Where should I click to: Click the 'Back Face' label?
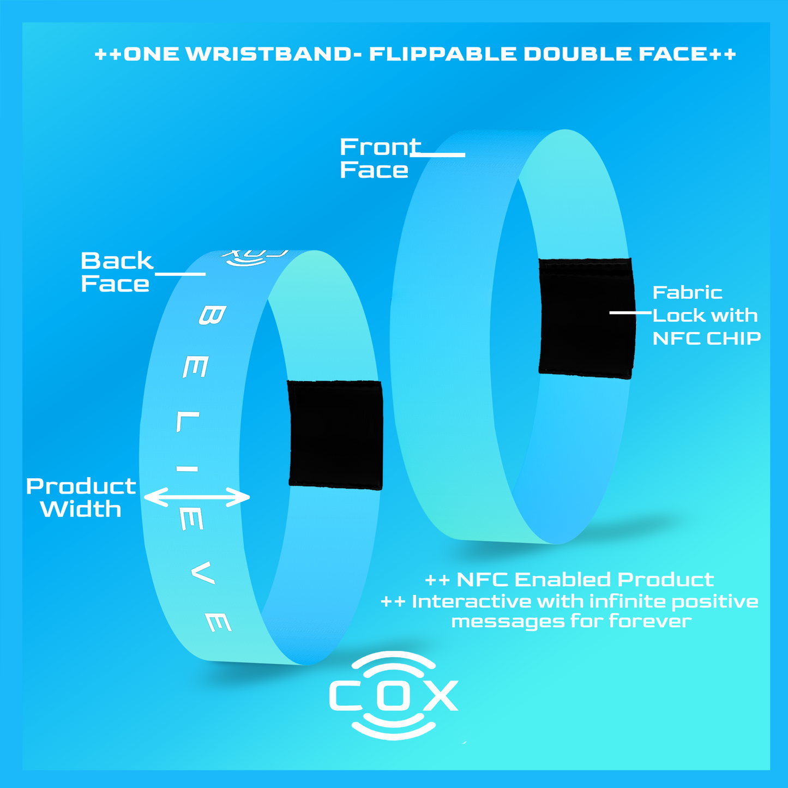(x=117, y=272)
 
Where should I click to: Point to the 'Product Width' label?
(x=81, y=497)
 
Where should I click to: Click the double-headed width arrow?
(x=197, y=497)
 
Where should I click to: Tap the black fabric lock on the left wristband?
(x=335, y=435)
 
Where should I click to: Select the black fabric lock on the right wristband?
(x=587, y=318)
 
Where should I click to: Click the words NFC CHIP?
(x=707, y=338)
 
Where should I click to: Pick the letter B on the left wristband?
(x=212, y=316)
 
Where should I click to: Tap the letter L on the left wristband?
(x=188, y=422)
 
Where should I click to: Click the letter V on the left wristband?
(x=202, y=573)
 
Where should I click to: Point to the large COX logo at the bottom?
(x=393, y=696)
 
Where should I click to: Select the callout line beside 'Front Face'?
(x=437, y=155)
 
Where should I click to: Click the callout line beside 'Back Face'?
(x=180, y=274)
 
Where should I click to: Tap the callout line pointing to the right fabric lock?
(x=630, y=312)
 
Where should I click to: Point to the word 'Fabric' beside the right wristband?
(x=688, y=292)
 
